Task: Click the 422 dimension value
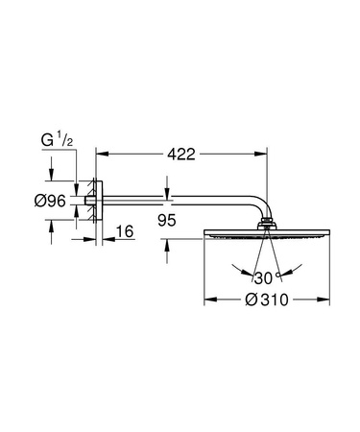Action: point(185,152)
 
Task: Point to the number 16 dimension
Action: point(125,231)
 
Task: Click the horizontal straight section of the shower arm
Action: point(173,201)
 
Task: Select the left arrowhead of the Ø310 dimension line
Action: point(208,300)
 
